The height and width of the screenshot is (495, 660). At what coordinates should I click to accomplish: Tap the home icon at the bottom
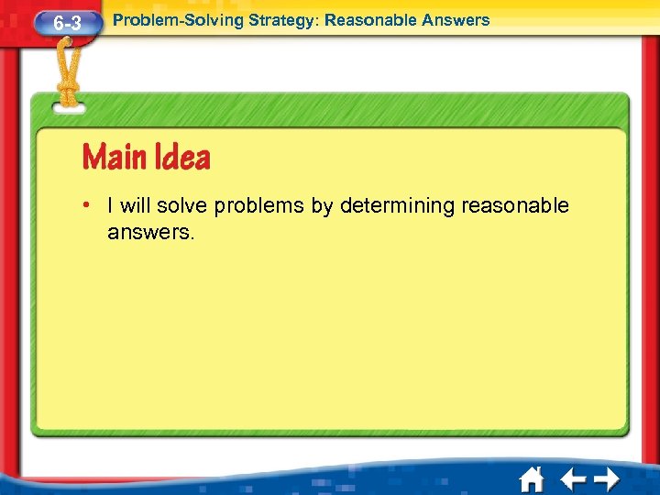pyautogui.click(x=531, y=479)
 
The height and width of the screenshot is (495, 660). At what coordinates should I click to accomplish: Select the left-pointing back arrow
pyautogui.click(x=573, y=479)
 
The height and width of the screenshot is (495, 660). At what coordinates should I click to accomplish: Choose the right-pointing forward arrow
pyautogui.click(x=606, y=479)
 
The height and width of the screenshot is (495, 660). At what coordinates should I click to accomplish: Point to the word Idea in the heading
pyautogui.click(x=180, y=158)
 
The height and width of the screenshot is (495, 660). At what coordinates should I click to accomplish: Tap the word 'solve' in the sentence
pyautogui.click(x=182, y=206)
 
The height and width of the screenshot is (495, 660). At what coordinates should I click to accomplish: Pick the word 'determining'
pyautogui.click(x=398, y=206)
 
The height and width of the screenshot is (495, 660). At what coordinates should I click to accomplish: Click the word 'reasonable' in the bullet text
pyautogui.click(x=515, y=206)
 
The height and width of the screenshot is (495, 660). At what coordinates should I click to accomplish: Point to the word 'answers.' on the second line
pyautogui.click(x=151, y=233)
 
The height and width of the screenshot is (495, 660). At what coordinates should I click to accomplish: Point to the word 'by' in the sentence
pyautogui.click(x=322, y=206)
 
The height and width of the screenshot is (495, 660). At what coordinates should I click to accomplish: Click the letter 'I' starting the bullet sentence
pyautogui.click(x=110, y=206)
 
